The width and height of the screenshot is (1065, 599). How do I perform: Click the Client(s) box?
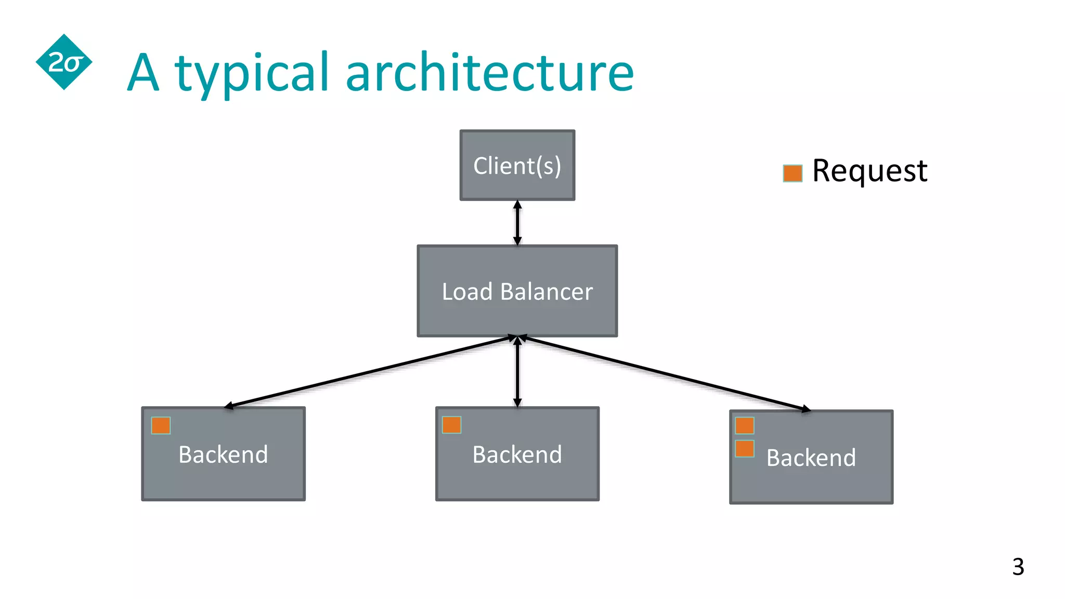click(517, 165)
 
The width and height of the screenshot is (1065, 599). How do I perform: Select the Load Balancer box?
click(517, 291)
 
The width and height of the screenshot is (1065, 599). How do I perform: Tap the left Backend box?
click(223, 454)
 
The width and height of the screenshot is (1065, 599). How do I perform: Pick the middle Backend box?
click(517, 454)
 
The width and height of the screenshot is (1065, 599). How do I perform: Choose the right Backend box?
click(811, 457)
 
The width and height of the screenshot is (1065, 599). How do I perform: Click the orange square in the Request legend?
click(792, 173)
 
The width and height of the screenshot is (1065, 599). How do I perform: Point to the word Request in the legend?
click(869, 171)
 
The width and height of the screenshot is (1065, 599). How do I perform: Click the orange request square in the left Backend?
click(161, 425)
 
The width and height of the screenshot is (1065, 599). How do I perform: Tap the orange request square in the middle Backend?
click(451, 425)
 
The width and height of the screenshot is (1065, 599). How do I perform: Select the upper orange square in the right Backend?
click(745, 425)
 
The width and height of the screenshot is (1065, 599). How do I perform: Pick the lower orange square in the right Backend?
click(745, 448)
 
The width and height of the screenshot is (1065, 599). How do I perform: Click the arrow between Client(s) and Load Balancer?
click(517, 223)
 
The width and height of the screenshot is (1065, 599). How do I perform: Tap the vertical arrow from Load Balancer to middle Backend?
click(517, 372)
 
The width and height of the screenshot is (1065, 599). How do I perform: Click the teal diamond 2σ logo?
click(64, 62)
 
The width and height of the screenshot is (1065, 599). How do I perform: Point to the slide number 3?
click(1018, 567)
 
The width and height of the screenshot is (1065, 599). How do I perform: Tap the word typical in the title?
click(253, 73)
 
